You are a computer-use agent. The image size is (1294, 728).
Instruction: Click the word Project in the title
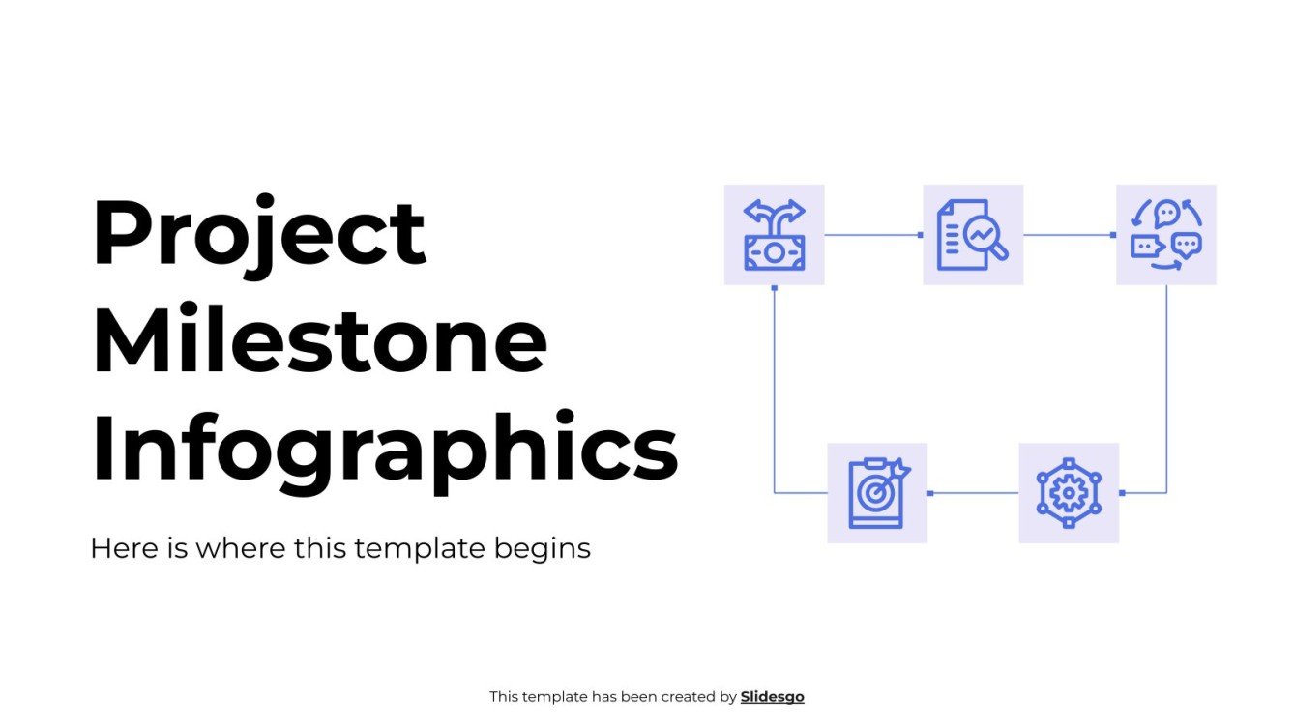pyautogui.click(x=258, y=235)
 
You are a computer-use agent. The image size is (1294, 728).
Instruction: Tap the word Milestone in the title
pyautogui.click(x=319, y=342)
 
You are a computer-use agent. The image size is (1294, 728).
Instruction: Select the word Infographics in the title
pyautogui.click(x=384, y=449)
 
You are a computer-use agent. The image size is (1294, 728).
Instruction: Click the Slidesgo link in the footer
pyautogui.click(x=772, y=696)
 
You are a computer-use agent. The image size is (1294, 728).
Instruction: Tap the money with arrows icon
pyautogui.click(x=774, y=235)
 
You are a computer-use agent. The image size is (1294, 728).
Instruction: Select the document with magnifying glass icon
pyautogui.click(x=972, y=235)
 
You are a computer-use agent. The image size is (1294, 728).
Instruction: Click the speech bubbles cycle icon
pyautogui.click(x=1165, y=235)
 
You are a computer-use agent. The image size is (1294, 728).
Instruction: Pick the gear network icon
pyautogui.click(x=1069, y=493)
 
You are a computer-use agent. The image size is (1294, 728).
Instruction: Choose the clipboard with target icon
pyautogui.click(x=877, y=493)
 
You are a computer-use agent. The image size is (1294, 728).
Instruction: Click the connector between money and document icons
pyautogui.click(x=873, y=235)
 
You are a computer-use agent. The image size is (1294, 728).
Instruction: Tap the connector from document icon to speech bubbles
pyautogui.click(x=1070, y=235)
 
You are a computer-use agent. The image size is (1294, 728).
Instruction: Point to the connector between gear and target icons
pyautogui.click(x=973, y=493)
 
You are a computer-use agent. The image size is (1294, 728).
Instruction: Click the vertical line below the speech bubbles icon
pyautogui.click(x=1166, y=387)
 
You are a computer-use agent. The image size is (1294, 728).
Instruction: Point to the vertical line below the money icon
pyautogui.click(x=775, y=387)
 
